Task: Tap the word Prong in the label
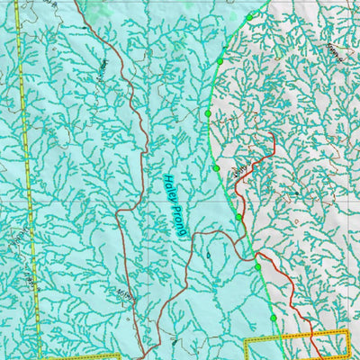point(177,220)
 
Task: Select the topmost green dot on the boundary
point(249,16)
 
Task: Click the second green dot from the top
point(220,61)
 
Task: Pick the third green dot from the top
point(208,114)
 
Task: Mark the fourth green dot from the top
point(216,168)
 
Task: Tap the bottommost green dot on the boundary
point(273,319)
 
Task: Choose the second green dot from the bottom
point(257,266)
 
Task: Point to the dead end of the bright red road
point(272,134)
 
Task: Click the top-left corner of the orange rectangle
point(247,340)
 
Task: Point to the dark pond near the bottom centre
point(173,342)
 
